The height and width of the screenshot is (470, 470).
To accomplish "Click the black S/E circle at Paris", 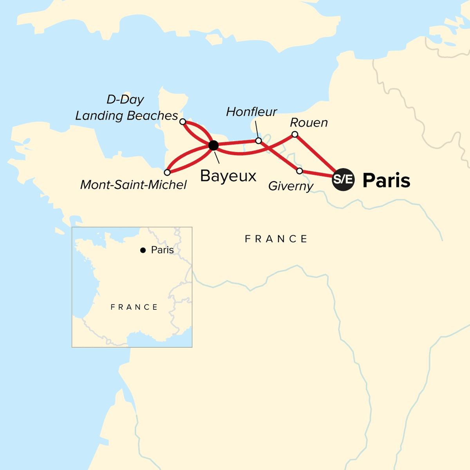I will [x=343, y=179].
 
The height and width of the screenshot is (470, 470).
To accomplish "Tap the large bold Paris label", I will [x=386, y=180].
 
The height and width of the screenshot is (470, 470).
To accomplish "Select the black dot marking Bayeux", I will [x=213, y=146].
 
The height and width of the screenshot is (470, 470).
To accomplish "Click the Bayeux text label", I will [x=228, y=176].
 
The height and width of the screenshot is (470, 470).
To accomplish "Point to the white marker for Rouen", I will [x=295, y=135].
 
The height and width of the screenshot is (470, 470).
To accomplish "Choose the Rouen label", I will [x=309, y=123].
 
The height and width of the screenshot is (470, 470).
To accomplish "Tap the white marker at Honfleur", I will [x=258, y=141].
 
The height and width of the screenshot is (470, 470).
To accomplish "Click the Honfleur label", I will [x=251, y=112].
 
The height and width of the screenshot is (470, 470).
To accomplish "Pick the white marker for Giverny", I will [x=300, y=171].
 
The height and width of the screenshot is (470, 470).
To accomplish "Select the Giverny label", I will [x=291, y=186].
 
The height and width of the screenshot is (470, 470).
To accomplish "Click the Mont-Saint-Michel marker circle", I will [x=167, y=172].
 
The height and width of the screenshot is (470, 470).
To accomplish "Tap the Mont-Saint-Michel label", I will [x=134, y=184].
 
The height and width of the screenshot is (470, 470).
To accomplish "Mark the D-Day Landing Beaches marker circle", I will [x=183, y=122].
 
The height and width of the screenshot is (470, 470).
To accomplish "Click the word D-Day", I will [x=125, y=99].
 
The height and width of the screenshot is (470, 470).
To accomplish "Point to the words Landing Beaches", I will [x=127, y=116].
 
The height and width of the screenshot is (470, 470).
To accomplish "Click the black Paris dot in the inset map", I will [x=143, y=250].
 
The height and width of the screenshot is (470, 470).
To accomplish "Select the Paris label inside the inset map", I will [x=162, y=250].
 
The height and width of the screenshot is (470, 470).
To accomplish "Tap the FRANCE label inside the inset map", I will [x=134, y=307].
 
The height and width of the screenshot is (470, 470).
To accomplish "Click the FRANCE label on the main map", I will [x=276, y=239].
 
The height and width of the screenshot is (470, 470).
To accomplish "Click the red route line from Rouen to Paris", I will [x=315, y=154].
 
